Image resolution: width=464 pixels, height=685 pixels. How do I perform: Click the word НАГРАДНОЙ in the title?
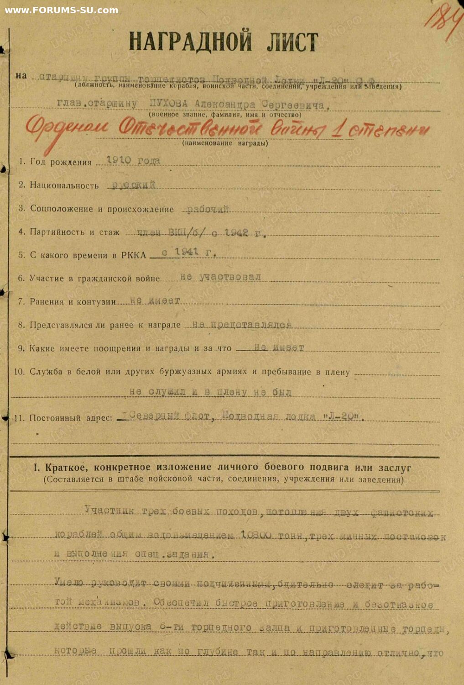[x=190, y=42]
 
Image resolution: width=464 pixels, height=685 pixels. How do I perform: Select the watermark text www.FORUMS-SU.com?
[x=61, y=10]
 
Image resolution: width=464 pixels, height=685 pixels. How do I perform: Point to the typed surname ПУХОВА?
[x=168, y=104]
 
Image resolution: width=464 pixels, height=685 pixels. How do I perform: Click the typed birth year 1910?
[x=119, y=161]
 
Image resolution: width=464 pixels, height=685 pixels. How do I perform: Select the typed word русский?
[x=134, y=184]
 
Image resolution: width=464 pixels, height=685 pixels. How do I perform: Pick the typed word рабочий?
[x=208, y=209]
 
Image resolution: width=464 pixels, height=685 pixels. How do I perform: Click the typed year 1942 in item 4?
[x=236, y=232]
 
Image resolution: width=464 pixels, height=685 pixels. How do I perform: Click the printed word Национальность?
[x=64, y=185]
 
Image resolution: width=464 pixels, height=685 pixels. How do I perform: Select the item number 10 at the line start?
[x=19, y=372]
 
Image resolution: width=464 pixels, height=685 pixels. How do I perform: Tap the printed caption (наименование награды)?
[x=225, y=143]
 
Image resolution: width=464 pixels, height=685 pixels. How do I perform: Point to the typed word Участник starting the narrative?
[x=109, y=511]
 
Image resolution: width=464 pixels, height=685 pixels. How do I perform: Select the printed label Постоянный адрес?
[x=70, y=418]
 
